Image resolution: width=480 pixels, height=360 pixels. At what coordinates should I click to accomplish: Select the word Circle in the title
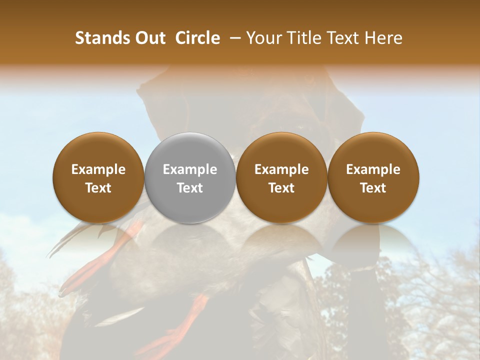[x=197, y=38]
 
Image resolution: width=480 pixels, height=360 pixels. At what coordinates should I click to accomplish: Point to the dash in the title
[x=233, y=38]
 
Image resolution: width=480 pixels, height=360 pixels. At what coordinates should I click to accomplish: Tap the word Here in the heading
[x=384, y=38]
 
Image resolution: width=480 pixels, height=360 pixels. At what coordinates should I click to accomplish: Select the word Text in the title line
[x=342, y=38]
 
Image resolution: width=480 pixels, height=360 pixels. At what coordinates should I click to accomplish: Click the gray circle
[x=190, y=178]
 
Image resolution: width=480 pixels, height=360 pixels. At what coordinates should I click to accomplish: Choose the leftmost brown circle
[x=98, y=178]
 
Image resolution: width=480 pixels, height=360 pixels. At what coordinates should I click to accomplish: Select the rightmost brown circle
[x=373, y=178]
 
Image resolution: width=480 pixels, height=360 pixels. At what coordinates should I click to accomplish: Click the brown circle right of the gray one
[x=281, y=178]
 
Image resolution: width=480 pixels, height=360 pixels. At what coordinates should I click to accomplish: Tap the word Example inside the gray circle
[x=190, y=169]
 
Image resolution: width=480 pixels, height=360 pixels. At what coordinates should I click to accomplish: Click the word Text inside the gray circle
[x=190, y=188]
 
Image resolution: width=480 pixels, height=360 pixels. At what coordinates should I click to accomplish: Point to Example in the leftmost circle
[x=98, y=169]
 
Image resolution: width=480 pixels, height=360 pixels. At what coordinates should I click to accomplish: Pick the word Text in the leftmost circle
[x=98, y=188]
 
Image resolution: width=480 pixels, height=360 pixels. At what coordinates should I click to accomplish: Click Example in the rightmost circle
[x=373, y=169]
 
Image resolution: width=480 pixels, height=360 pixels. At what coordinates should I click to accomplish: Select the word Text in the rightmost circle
[x=373, y=188]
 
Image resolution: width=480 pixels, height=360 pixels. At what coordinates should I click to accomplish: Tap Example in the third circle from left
[x=281, y=169]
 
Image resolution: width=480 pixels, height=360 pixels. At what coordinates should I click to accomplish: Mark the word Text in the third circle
[x=281, y=188]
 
